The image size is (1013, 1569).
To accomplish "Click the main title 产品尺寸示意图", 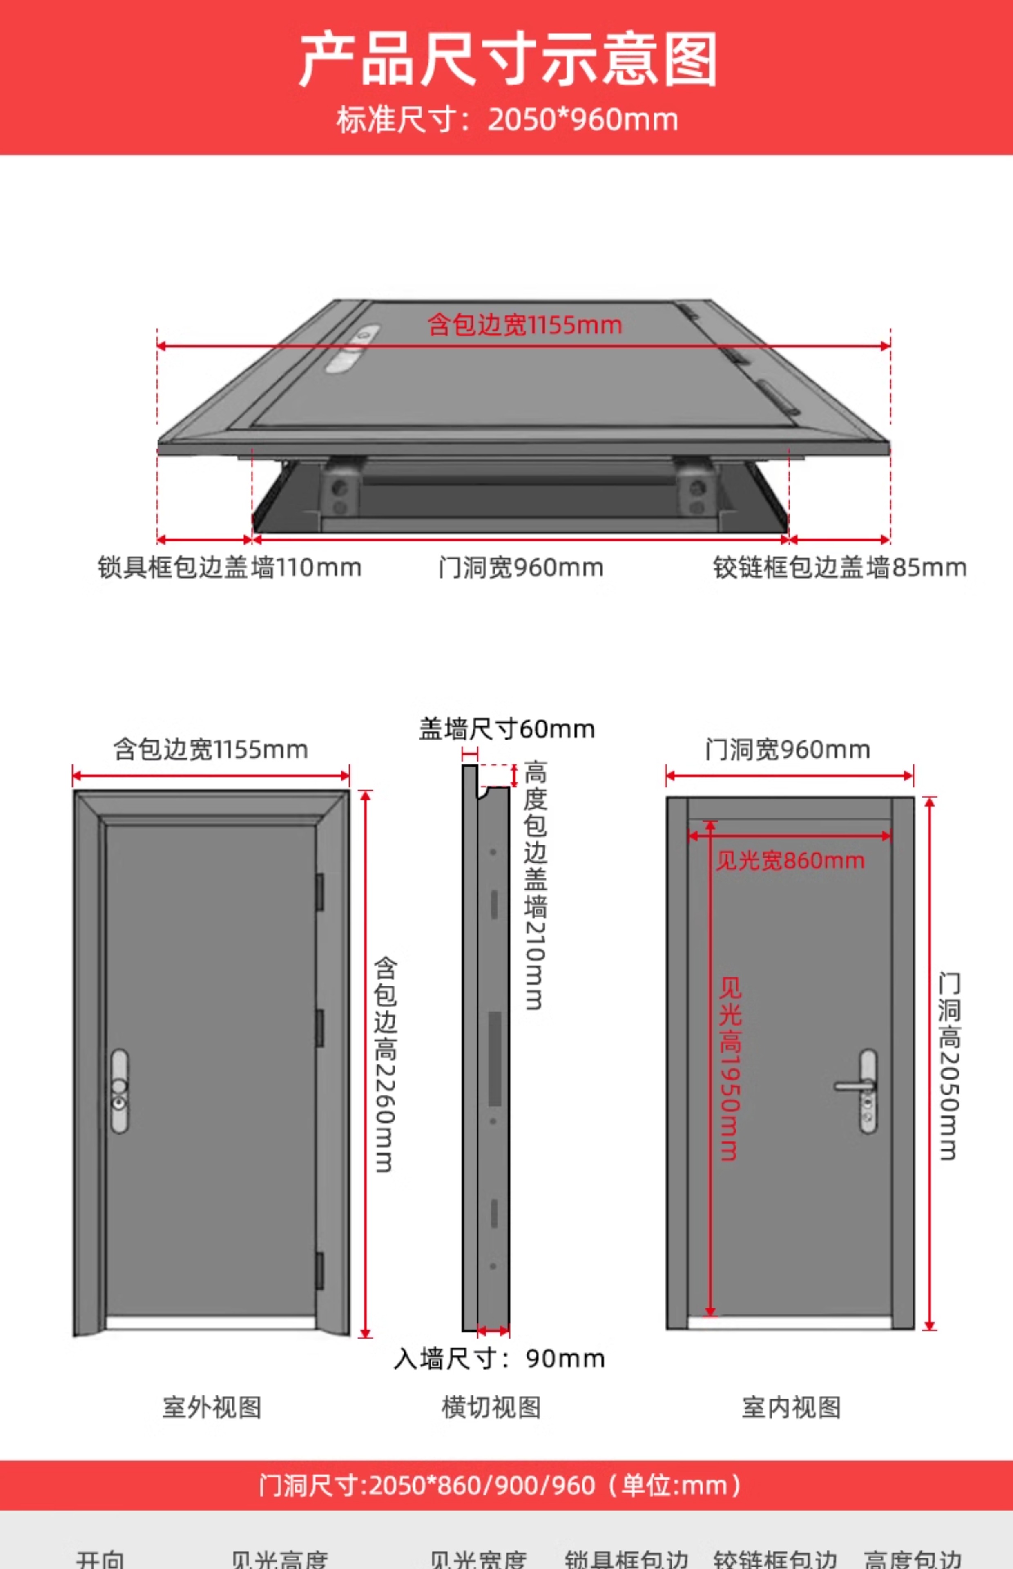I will point(507,60).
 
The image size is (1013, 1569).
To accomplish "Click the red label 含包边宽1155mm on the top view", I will point(524,325).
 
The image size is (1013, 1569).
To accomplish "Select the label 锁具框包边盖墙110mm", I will point(230,567).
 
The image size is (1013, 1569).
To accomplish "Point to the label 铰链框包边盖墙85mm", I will point(839,567).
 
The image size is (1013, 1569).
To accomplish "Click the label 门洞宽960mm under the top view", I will point(521,567).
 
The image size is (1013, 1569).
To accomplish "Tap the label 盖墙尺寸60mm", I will point(506,729).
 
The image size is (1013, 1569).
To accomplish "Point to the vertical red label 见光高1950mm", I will point(730,1068).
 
